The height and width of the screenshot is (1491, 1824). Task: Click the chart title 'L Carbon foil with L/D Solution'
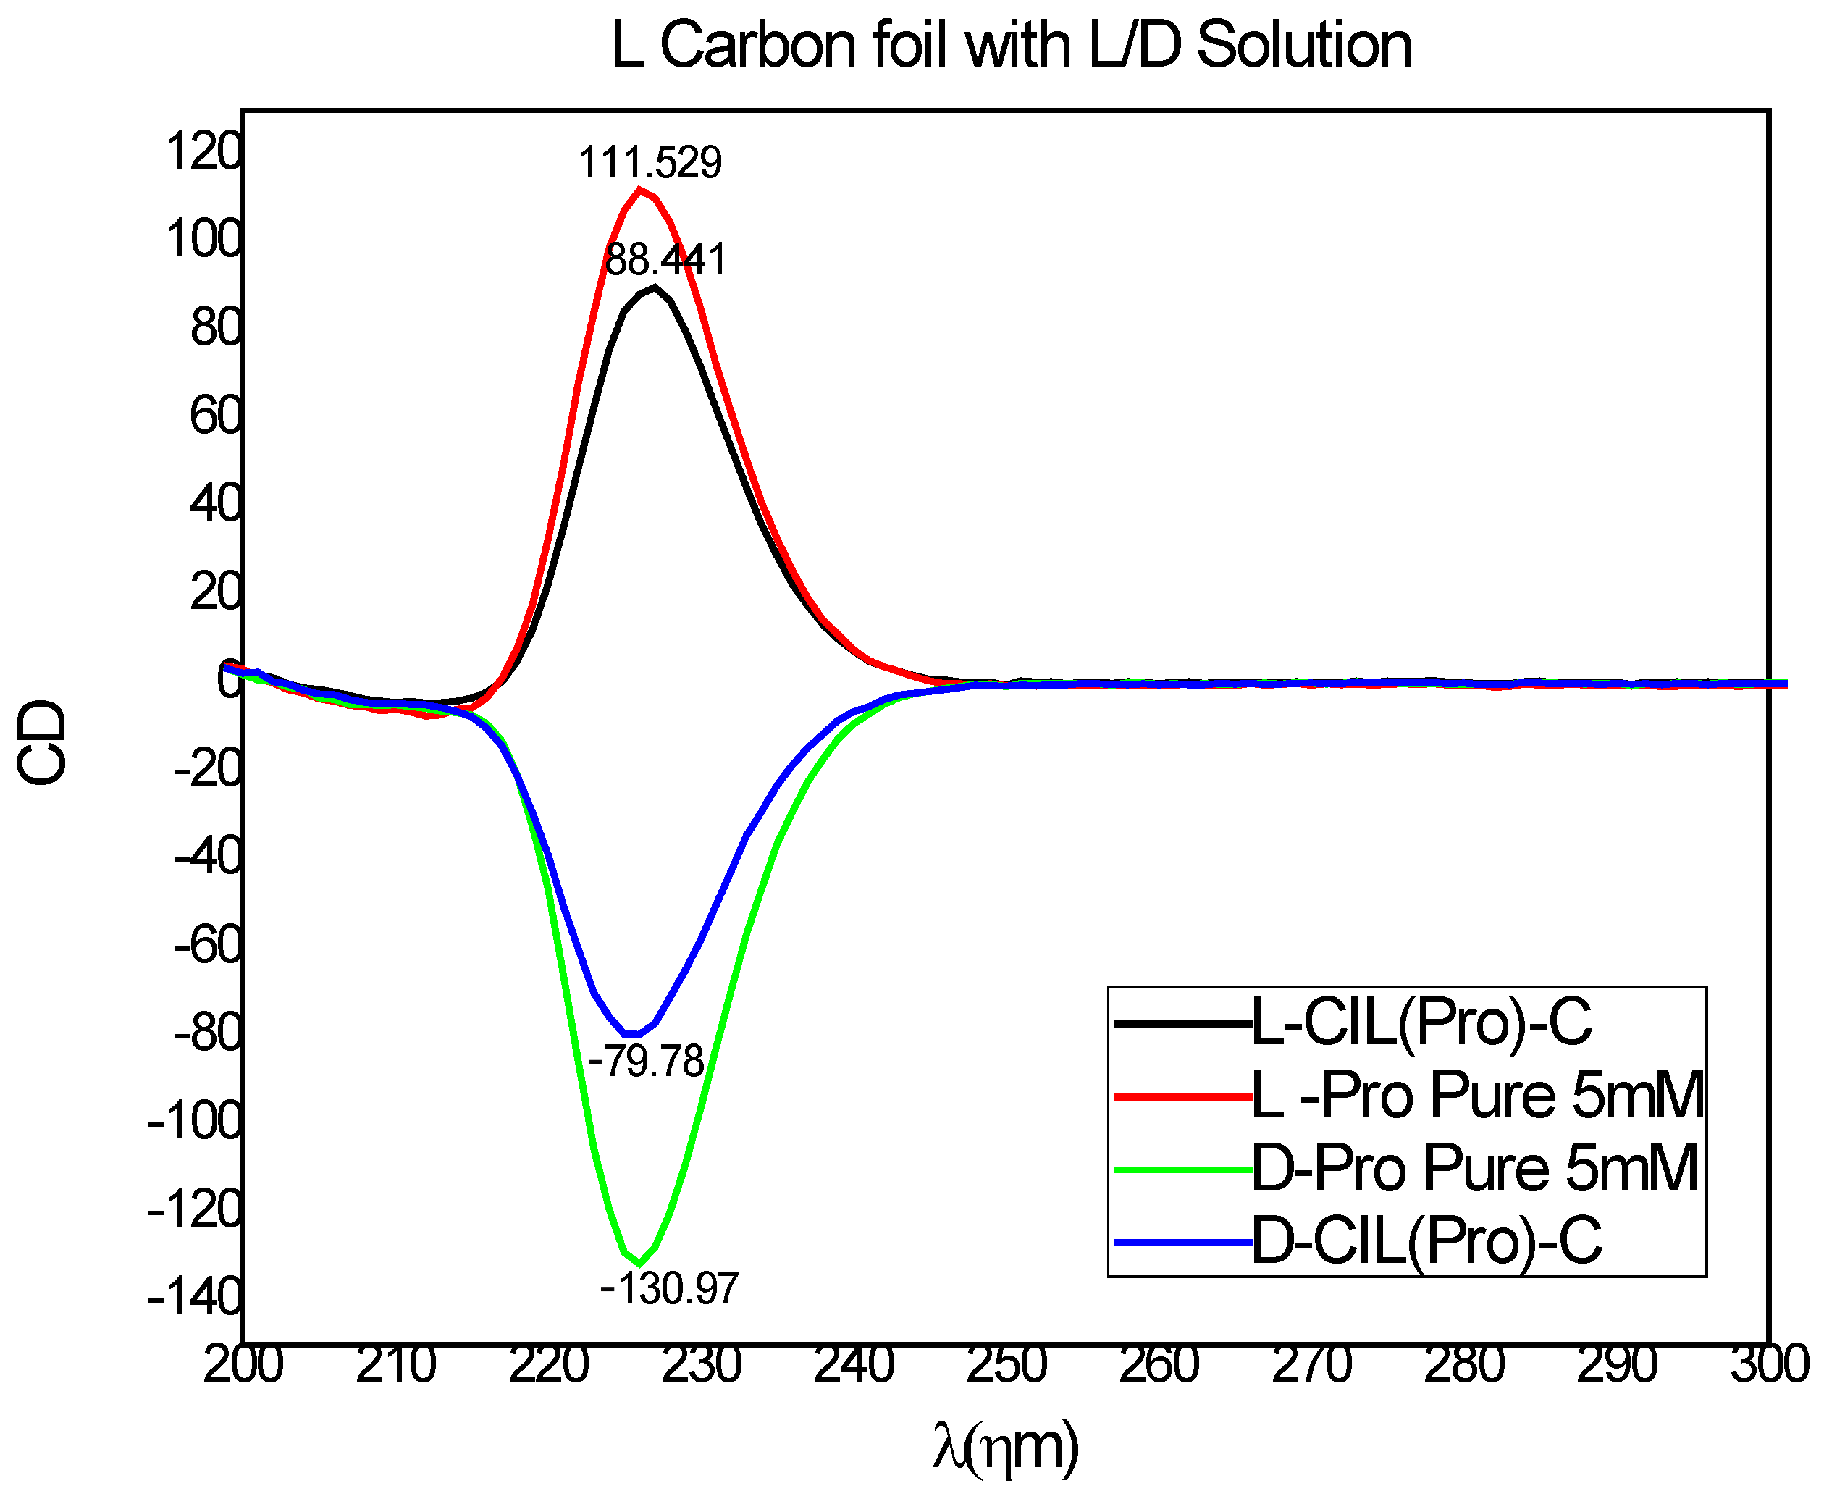(x=1011, y=45)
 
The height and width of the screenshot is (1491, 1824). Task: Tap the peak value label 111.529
(x=650, y=162)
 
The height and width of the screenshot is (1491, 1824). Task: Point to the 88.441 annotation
(x=665, y=259)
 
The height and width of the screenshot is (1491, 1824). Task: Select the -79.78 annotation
(x=646, y=1062)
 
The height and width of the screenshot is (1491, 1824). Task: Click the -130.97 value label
(x=669, y=1288)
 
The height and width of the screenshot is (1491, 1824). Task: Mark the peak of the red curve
(x=639, y=189)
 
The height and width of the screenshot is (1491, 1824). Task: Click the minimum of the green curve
(x=639, y=1263)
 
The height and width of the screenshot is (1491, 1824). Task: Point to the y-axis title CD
(x=41, y=742)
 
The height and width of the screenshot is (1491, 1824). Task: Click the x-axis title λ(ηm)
(x=1006, y=1448)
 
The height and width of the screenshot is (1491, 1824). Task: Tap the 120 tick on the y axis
(x=203, y=152)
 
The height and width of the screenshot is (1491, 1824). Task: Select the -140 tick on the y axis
(x=194, y=1297)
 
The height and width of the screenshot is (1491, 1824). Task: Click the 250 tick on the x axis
(x=1006, y=1366)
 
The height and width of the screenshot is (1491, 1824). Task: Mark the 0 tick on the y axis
(x=228, y=682)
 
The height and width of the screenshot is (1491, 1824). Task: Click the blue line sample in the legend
(x=1182, y=1242)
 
